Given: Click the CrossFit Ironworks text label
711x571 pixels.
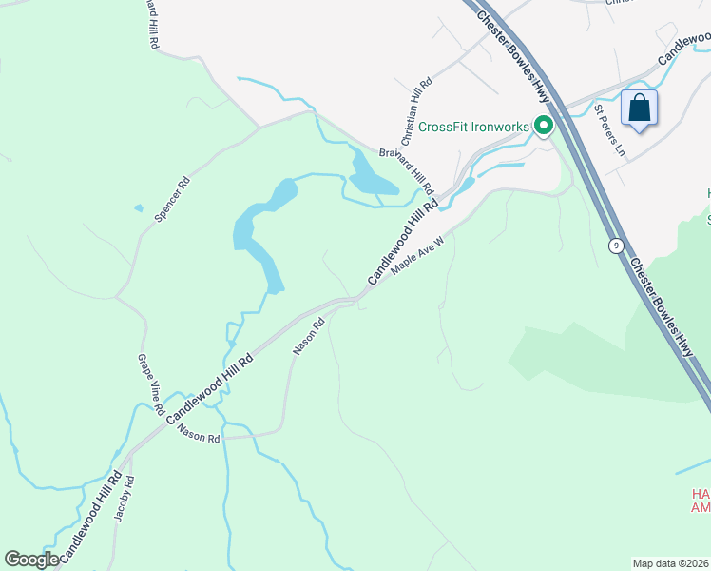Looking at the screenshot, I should pos(473,127).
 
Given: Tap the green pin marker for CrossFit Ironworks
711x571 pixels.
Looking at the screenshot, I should pos(544,126).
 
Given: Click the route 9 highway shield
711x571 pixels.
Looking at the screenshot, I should pos(617,246).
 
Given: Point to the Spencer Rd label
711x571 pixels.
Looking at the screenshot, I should pos(172,200).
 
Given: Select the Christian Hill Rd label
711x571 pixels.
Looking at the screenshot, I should pos(417,107).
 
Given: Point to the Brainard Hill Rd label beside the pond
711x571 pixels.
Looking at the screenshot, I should pos(406,169).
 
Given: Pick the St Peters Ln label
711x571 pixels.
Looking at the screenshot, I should pos(609,130).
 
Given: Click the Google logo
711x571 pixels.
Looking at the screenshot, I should pos(31,560).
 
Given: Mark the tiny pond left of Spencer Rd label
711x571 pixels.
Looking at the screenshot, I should pos(139,207).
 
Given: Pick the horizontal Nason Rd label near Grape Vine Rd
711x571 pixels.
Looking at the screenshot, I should pos(199,433).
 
